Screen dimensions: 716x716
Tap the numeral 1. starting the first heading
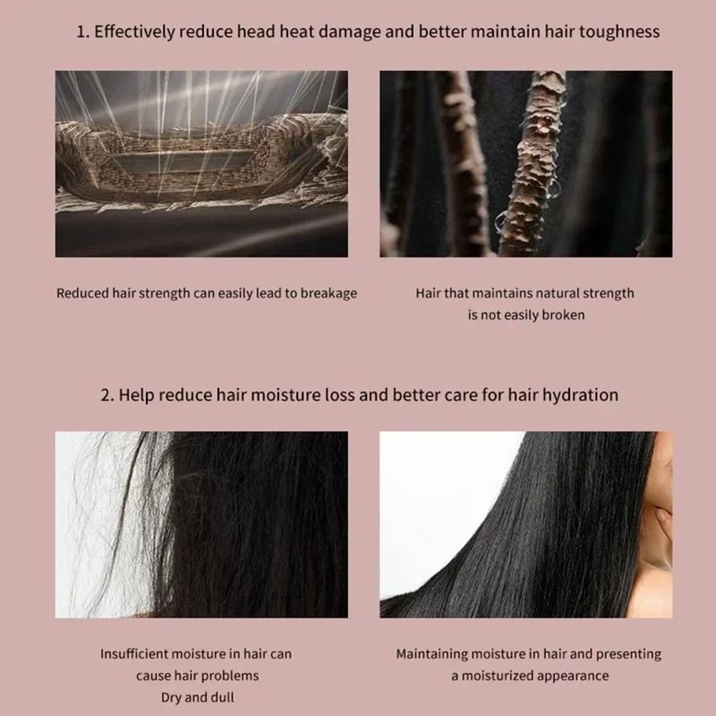(82, 32)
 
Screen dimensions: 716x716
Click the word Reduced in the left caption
(83, 294)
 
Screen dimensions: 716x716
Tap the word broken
(563, 315)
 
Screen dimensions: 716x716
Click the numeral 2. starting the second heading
(107, 395)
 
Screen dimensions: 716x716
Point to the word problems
(230, 676)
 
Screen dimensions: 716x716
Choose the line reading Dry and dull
(196, 697)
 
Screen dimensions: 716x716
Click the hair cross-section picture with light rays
(201, 163)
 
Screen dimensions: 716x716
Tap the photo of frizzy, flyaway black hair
(201, 524)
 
